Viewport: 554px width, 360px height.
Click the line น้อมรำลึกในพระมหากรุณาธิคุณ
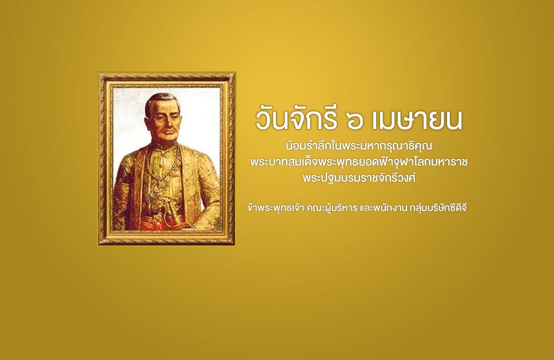[x=359, y=146]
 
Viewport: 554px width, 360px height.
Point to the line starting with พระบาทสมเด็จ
[x=359, y=162]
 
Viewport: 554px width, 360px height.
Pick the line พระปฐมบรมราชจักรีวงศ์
[x=359, y=178]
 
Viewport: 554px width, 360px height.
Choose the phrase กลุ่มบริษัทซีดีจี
[x=438, y=208]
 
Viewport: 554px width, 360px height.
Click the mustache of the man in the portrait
[x=170, y=132]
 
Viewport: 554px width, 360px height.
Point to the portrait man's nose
[x=170, y=124]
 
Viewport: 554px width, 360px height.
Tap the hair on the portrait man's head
[x=161, y=101]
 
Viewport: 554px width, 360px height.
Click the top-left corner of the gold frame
[x=99, y=73]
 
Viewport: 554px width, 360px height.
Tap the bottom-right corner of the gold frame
[x=235, y=245]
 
